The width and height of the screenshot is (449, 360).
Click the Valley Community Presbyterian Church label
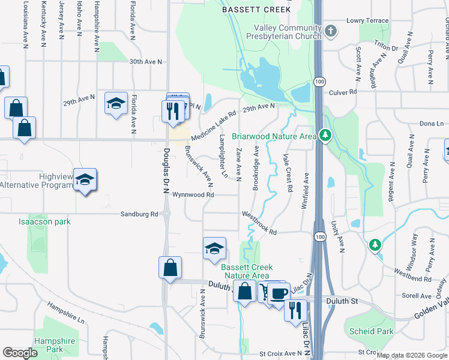tap(288, 32)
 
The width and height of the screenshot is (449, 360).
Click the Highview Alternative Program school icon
tap(85, 179)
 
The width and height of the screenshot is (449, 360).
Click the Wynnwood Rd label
tap(193, 195)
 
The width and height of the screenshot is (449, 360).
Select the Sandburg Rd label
tap(139, 214)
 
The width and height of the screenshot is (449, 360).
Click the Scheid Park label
tap(371, 331)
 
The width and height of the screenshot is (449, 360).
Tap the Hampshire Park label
tap(54, 345)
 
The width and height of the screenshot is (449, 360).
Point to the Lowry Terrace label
tap(367, 20)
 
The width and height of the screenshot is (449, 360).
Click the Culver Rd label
tap(343, 92)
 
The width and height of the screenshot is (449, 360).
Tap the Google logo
tap(21, 353)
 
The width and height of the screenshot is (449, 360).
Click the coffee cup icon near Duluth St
tap(279, 293)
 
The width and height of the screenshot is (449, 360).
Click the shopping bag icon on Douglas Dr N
tap(170, 267)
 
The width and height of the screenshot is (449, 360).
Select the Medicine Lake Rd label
tap(215, 122)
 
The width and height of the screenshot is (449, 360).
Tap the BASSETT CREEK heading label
tap(256, 10)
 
